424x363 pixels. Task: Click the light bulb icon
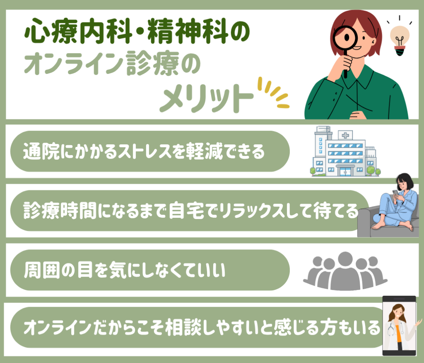[x=400, y=41]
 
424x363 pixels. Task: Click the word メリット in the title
[x=207, y=98]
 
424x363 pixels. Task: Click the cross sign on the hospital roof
[x=345, y=135]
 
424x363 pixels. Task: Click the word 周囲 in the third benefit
[x=42, y=270]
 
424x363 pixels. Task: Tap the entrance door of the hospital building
[x=345, y=172]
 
